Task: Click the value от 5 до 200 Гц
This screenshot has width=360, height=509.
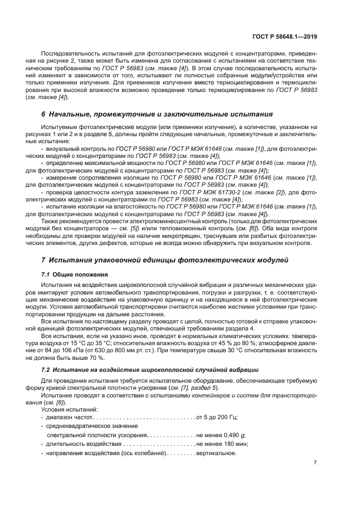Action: click(217, 418)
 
